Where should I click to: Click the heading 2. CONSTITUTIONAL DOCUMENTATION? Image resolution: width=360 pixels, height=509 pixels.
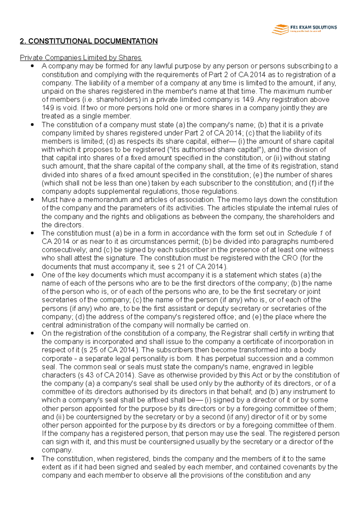tap(88, 41)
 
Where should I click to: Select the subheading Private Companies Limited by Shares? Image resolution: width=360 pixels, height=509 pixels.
tap(80, 58)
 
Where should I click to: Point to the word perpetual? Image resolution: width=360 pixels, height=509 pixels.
tap(227, 359)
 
